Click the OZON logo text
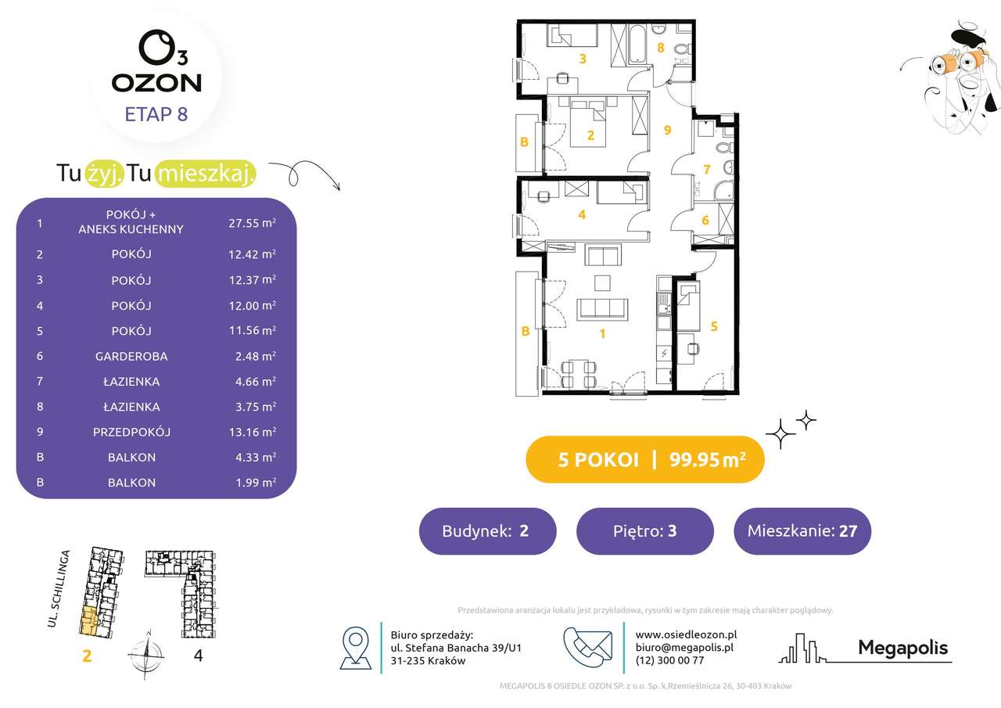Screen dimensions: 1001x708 coord(156,83)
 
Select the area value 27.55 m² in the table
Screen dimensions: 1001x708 coord(252,223)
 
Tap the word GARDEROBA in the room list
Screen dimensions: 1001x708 coord(131,356)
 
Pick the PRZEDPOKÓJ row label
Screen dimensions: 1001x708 coord(131,432)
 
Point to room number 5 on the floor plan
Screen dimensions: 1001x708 coord(714,326)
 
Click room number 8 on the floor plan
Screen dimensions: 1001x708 coord(661,48)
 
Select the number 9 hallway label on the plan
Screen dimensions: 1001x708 coord(667,130)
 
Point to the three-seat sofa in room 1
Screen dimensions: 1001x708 coord(602,309)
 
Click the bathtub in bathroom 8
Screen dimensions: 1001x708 coord(637,44)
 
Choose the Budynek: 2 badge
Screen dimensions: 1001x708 coord(487,531)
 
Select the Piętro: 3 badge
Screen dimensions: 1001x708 coord(645,531)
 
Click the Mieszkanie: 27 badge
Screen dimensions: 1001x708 coord(802,531)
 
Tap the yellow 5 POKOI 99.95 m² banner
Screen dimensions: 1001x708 coord(645,459)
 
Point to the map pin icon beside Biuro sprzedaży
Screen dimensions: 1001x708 coord(356,648)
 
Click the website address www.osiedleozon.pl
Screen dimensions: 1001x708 coord(686,634)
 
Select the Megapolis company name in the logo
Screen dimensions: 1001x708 coord(902,648)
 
